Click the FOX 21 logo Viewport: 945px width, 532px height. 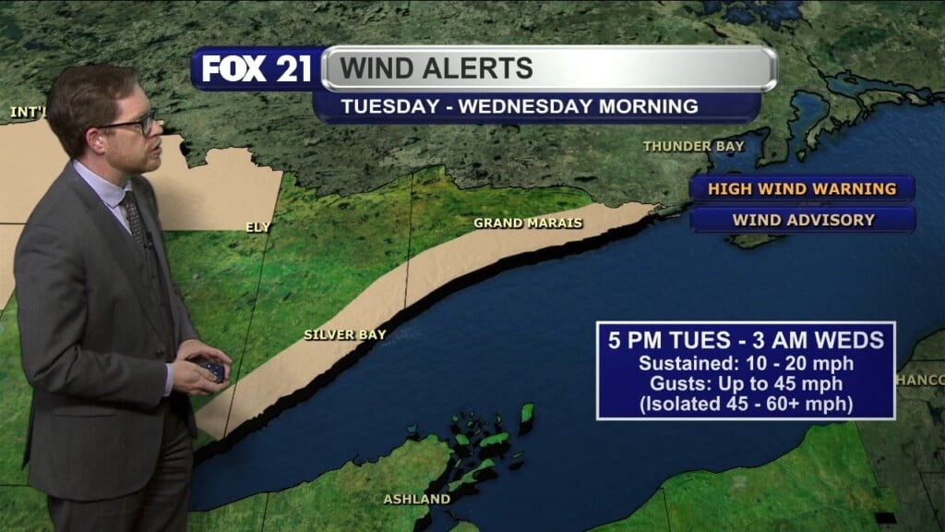tap(257, 69)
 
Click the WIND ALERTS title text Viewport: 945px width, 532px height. tap(437, 67)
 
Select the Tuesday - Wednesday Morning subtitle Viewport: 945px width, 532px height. tap(520, 106)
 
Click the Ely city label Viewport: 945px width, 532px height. tap(258, 226)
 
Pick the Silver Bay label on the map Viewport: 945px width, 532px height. tap(345, 334)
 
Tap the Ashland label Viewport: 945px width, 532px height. tap(417, 499)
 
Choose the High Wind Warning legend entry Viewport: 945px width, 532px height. tap(801, 188)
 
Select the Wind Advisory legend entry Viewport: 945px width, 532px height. tap(803, 220)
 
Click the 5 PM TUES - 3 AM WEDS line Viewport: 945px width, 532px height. tap(745, 340)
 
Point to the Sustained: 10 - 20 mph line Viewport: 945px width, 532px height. tap(746, 363)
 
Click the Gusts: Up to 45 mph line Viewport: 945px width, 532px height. tap(746, 383)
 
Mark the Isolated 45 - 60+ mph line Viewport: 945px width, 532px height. tap(746, 404)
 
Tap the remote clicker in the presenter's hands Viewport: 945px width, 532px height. tap(210, 368)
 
